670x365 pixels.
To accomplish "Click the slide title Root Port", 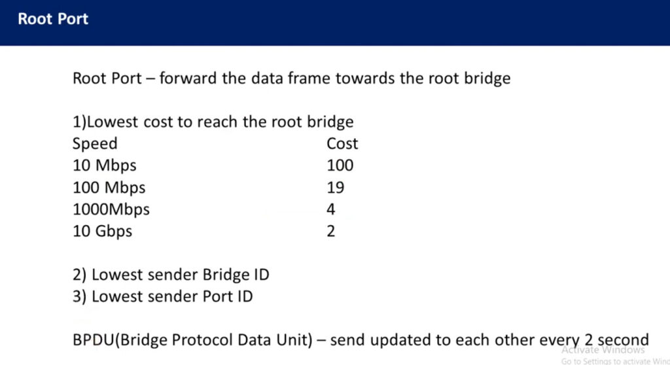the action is [x=53, y=19].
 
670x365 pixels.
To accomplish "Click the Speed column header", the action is [x=95, y=144].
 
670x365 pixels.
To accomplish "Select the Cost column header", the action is [x=342, y=143].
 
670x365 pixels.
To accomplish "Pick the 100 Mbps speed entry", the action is [x=109, y=188].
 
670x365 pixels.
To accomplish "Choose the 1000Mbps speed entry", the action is [x=111, y=209].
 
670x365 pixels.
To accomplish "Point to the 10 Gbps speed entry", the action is [x=103, y=231].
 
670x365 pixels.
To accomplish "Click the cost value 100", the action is [x=340, y=165].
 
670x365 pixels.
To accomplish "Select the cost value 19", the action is [x=336, y=187].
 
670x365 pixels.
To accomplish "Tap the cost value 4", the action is [x=330, y=209].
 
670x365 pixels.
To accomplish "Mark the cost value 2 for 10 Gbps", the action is [x=330, y=231].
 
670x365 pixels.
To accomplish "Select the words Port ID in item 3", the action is [x=228, y=296].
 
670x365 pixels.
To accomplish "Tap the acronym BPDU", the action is [x=94, y=339].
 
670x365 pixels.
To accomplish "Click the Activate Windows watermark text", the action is [x=603, y=350].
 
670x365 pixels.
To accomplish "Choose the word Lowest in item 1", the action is [x=113, y=122].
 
